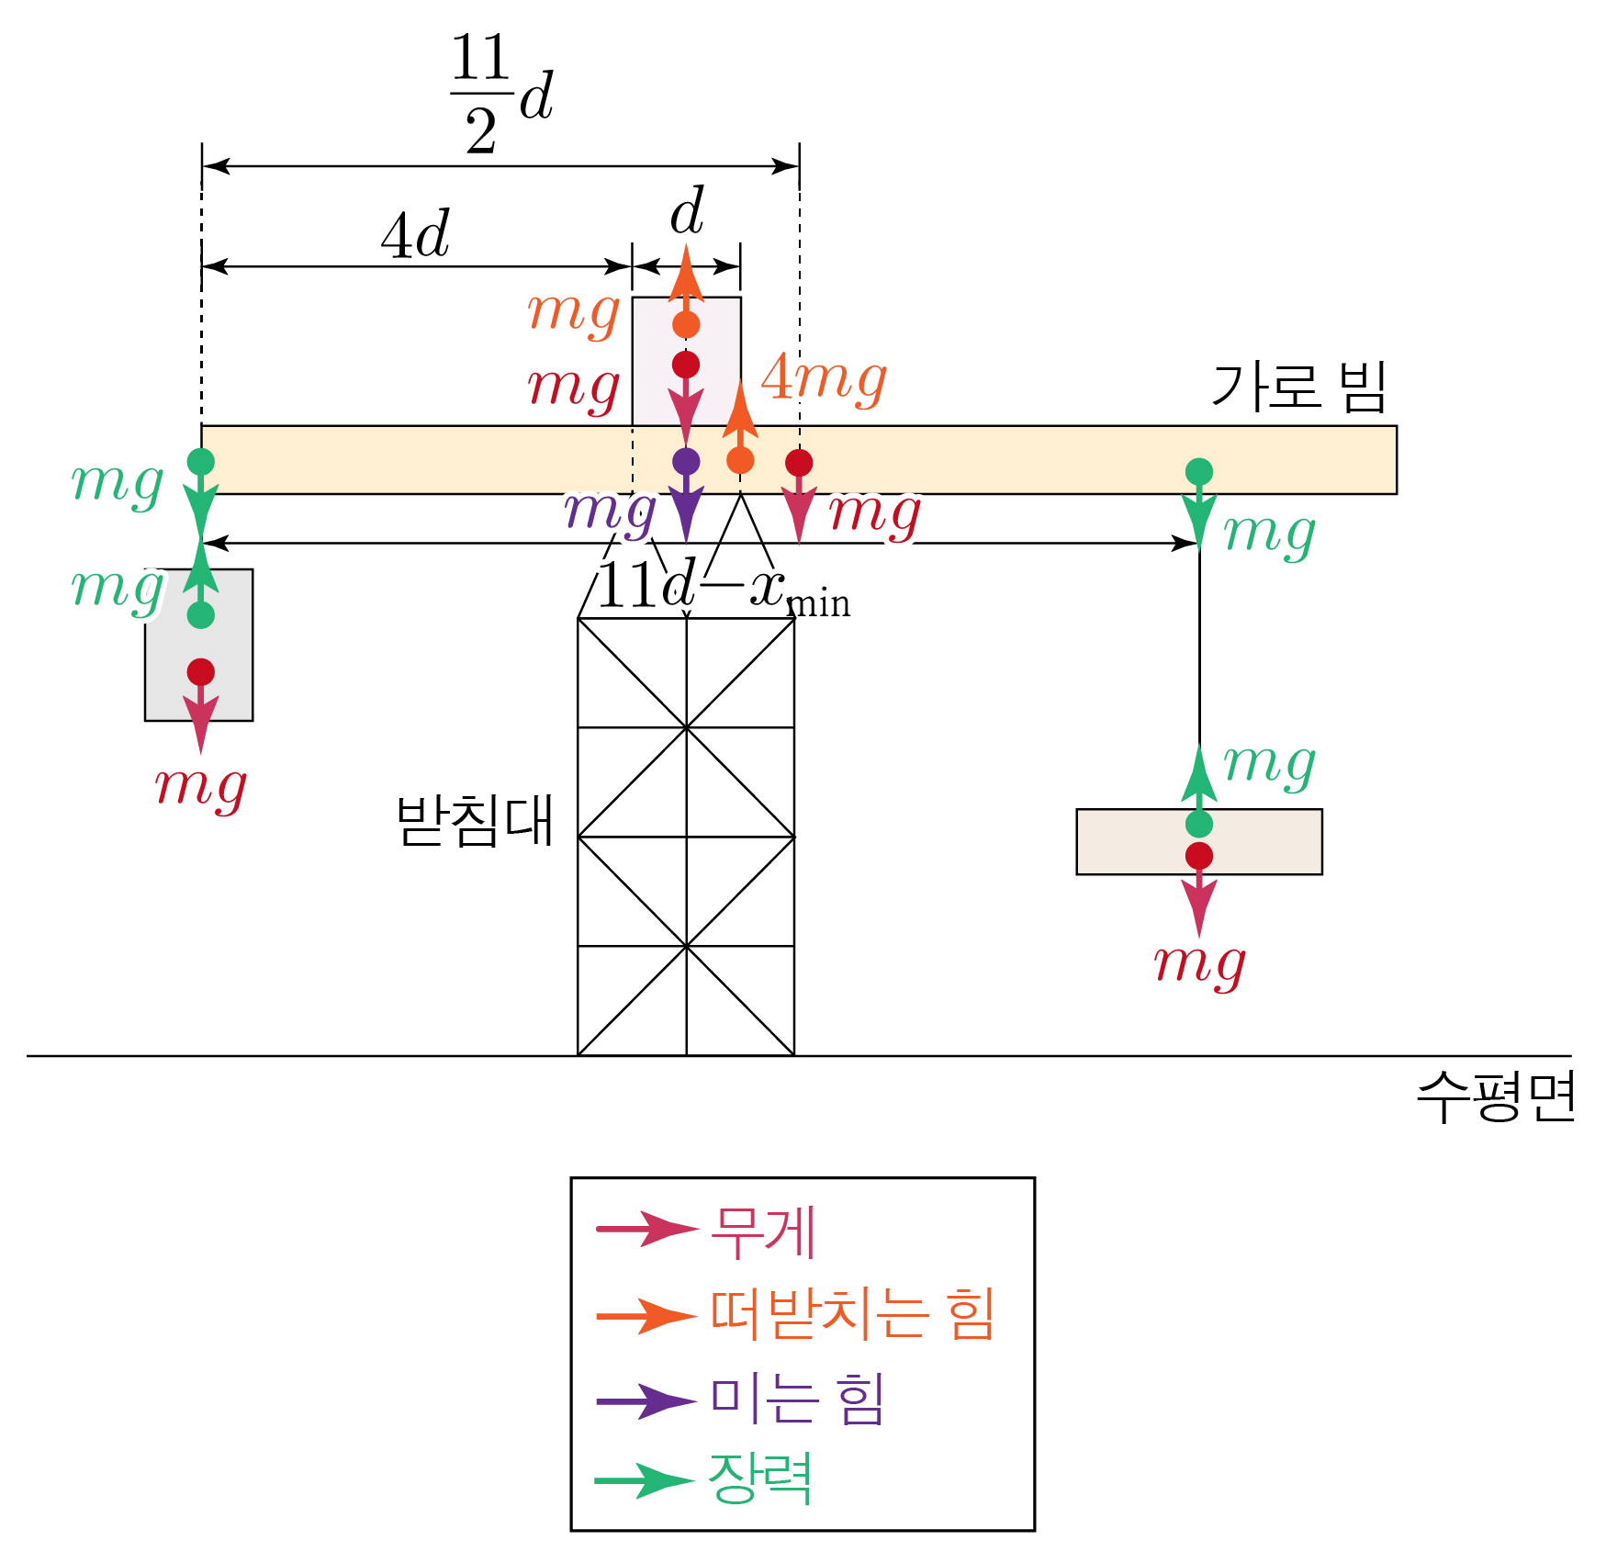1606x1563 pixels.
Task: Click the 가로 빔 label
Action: (x=1297, y=387)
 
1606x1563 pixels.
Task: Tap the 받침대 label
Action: (x=474, y=819)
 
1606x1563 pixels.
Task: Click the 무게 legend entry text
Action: (x=763, y=1232)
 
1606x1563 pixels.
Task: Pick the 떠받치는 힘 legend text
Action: (x=852, y=1314)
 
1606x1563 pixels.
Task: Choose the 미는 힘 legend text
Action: (x=797, y=1399)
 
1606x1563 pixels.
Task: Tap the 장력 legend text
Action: (x=759, y=1479)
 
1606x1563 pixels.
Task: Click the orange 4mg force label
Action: (x=824, y=378)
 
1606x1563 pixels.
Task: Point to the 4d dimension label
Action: (x=415, y=235)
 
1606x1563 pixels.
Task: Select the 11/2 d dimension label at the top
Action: (x=501, y=94)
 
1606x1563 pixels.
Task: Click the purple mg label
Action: (x=610, y=512)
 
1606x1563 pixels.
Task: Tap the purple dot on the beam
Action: (x=686, y=461)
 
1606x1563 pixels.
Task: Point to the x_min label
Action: (x=800, y=590)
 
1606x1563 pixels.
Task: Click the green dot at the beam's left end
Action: (x=201, y=461)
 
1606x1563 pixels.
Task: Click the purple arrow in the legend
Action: (x=646, y=1401)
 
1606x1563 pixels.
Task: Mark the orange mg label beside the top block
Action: (x=574, y=312)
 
